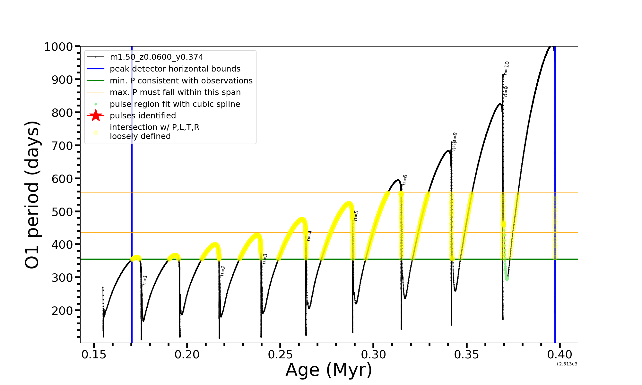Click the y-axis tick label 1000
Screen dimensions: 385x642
(x=58, y=47)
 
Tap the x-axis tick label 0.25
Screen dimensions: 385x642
(x=280, y=355)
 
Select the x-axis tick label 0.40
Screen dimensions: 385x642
(x=560, y=355)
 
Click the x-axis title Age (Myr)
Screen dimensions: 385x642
(x=329, y=370)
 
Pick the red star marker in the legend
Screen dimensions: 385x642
(x=96, y=116)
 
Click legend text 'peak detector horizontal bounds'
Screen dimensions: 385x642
(x=175, y=69)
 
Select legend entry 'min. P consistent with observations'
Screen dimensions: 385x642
(x=181, y=81)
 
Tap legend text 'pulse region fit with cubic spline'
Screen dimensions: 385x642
(x=175, y=104)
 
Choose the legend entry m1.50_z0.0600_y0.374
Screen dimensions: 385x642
(x=156, y=57)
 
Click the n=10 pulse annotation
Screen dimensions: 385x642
(x=507, y=68)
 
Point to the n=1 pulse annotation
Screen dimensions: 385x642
(x=145, y=280)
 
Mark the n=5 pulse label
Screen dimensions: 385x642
(x=356, y=216)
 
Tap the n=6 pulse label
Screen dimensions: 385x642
(x=405, y=180)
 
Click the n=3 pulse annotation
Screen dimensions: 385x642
(x=265, y=259)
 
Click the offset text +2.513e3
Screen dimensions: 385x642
(x=566, y=364)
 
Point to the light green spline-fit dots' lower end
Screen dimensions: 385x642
(x=507, y=278)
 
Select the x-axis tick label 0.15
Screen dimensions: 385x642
(x=94, y=355)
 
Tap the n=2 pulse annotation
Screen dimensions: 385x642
(x=223, y=271)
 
